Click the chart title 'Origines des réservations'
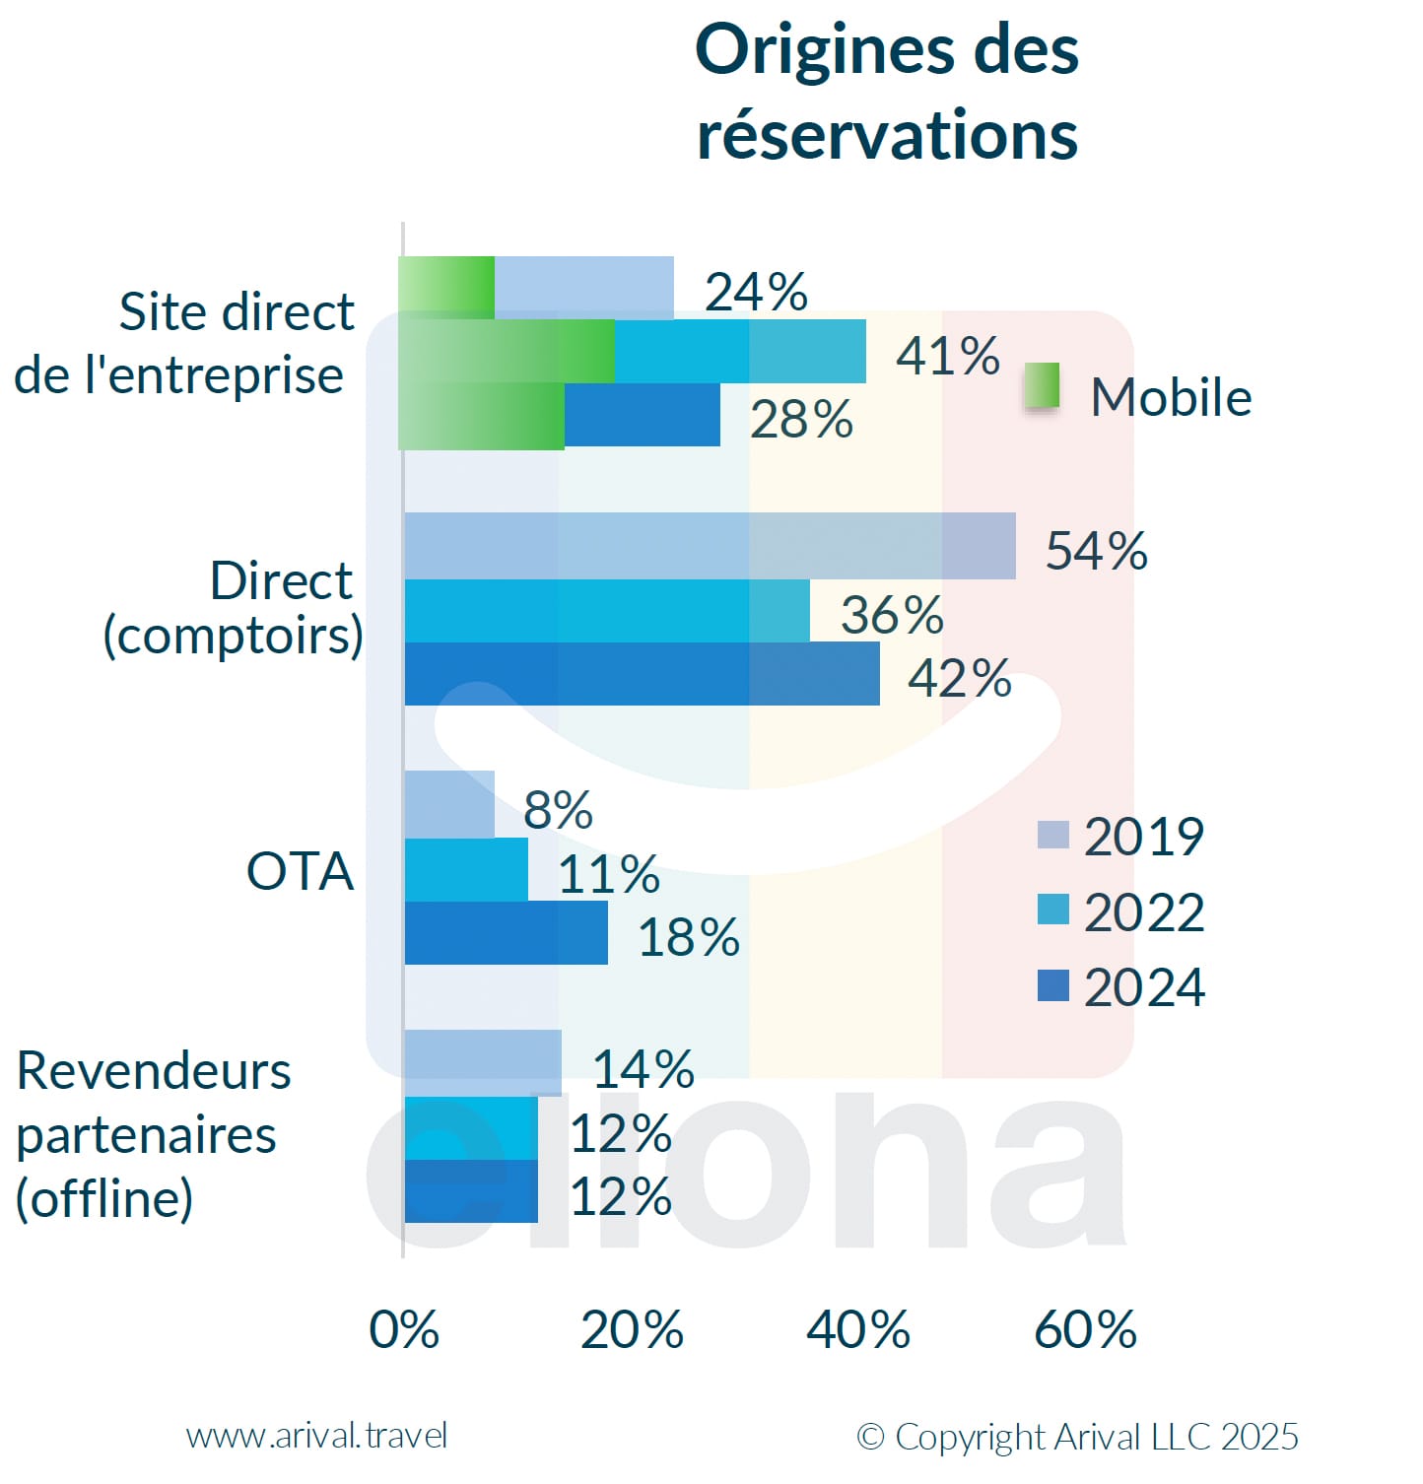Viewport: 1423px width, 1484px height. [x=887, y=91]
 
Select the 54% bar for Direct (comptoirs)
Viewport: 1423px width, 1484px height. [x=710, y=545]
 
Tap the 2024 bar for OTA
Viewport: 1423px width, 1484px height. [x=506, y=933]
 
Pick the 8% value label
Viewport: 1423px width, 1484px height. [x=558, y=810]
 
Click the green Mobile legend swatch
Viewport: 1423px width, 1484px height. [x=1042, y=385]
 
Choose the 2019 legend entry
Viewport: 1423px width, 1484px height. [x=1121, y=837]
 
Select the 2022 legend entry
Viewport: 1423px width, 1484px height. [x=1121, y=911]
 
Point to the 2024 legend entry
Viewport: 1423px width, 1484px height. [x=1121, y=986]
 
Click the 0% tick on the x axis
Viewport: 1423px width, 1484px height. [x=404, y=1329]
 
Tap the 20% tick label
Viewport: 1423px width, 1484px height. [x=632, y=1329]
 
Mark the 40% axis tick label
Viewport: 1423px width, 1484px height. [x=858, y=1329]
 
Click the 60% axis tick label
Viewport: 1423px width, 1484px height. [x=1085, y=1329]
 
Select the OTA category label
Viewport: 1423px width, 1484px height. [x=300, y=871]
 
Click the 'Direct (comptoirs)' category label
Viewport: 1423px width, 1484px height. [x=234, y=608]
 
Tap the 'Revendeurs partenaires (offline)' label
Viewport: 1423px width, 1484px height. [x=153, y=1134]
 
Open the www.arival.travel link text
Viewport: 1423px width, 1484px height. [x=316, y=1436]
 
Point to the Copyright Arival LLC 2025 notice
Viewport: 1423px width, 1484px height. [x=1077, y=1437]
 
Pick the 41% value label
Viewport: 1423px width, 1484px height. [x=947, y=355]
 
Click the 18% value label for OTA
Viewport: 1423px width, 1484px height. [x=689, y=936]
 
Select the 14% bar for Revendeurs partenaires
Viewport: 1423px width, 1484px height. [x=483, y=1063]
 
